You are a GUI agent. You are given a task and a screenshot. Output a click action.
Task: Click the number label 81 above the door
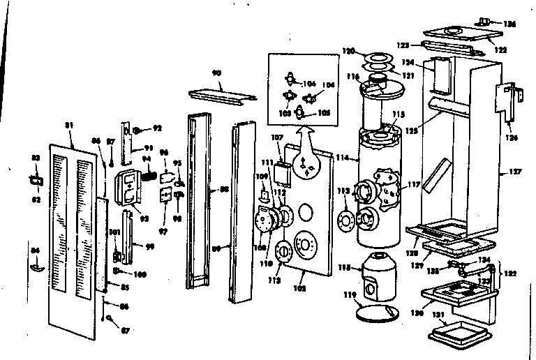(x=68, y=126)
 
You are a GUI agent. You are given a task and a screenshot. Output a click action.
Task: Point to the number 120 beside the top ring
(x=348, y=51)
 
